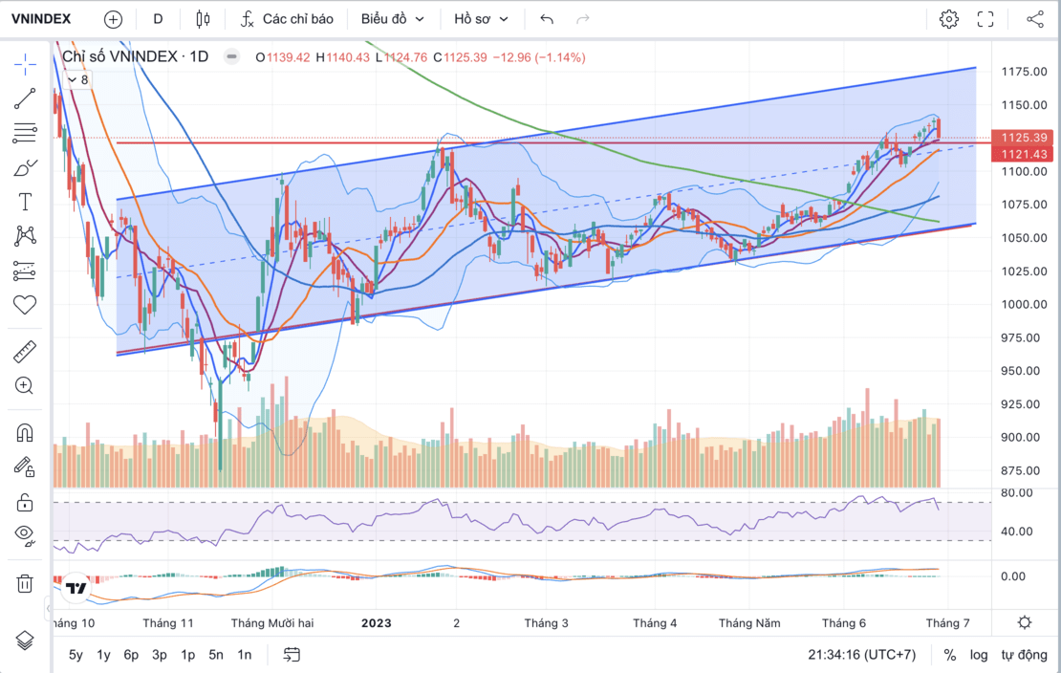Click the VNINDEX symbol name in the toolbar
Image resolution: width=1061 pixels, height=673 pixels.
pyautogui.click(x=41, y=18)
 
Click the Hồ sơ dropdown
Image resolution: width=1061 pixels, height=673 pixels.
pyautogui.click(x=481, y=18)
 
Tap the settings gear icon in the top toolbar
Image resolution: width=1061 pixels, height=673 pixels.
pyautogui.click(x=948, y=18)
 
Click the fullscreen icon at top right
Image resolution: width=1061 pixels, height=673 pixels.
pyautogui.click(x=985, y=18)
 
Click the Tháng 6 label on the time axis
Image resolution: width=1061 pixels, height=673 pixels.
pyautogui.click(x=844, y=623)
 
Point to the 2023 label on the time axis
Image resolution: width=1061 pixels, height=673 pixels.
pyautogui.click(x=376, y=623)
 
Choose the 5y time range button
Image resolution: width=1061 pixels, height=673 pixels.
pyautogui.click(x=76, y=655)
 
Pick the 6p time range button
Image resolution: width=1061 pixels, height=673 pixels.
pyautogui.click(x=131, y=655)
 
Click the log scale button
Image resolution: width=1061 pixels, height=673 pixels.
pyautogui.click(x=979, y=655)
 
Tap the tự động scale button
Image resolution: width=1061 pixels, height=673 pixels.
pyautogui.click(x=1024, y=655)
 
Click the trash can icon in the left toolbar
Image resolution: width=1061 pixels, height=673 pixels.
pyautogui.click(x=25, y=583)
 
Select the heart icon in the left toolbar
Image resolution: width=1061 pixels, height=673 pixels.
pyautogui.click(x=25, y=305)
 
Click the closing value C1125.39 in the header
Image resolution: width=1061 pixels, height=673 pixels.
pyautogui.click(x=461, y=57)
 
